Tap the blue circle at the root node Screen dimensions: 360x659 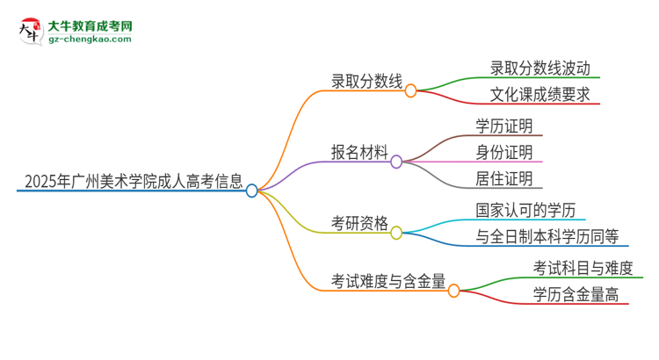coord(252,191)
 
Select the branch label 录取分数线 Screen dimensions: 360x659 coord(366,83)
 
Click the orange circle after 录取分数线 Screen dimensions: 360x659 coord(410,90)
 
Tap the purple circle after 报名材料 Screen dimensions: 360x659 coord(396,162)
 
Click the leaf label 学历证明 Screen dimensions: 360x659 coord(503,126)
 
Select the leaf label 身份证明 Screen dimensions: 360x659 coord(503,152)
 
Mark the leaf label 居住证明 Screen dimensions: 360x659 coord(503,179)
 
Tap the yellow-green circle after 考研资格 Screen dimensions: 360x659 coord(396,233)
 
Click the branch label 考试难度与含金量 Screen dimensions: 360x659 coord(387,281)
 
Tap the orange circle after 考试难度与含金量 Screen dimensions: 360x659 coord(453,291)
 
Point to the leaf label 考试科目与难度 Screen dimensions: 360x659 coord(581,268)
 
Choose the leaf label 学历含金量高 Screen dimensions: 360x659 coord(575,294)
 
